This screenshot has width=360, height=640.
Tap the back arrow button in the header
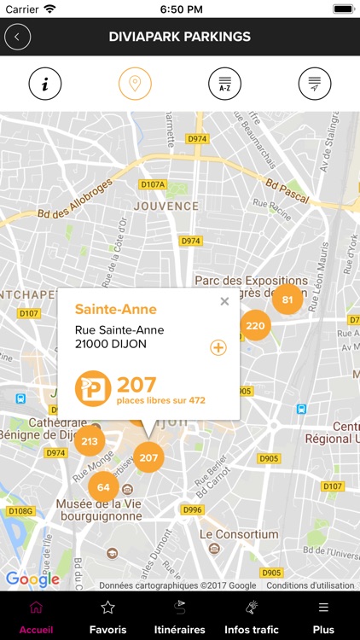click(x=17, y=37)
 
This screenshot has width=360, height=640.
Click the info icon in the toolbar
click(x=45, y=84)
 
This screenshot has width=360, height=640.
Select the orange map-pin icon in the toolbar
click(x=135, y=84)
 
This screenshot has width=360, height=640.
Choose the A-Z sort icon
click(x=224, y=84)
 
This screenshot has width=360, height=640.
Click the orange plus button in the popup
click(x=218, y=347)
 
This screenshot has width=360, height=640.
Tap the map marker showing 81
click(x=287, y=300)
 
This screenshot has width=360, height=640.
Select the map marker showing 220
click(x=255, y=325)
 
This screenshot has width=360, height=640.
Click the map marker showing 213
click(x=90, y=441)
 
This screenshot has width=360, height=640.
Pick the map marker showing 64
click(x=103, y=487)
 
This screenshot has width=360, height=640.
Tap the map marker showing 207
click(x=148, y=457)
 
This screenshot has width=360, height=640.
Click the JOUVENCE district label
click(x=165, y=206)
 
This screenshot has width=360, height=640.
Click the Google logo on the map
click(x=32, y=579)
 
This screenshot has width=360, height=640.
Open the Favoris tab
click(x=107, y=617)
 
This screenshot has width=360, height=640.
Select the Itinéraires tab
click(x=179, y=617)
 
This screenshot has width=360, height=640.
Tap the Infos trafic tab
click(x=252, y=617)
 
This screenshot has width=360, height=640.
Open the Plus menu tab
click(x=323, y=617)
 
